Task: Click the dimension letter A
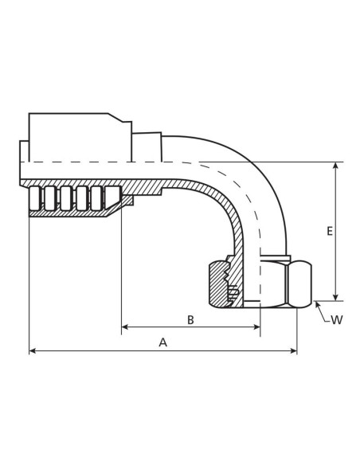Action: tap(162, 342)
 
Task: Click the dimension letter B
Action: tap(190, 320)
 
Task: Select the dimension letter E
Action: tap(330, 231)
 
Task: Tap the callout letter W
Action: tap(337, 320)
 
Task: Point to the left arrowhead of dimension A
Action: tap(33, 351)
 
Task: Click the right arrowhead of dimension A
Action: tap(294, 351)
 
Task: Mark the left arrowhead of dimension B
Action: tap(125, 327)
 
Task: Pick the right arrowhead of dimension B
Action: tap(256, 327)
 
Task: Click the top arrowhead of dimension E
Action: tap(335, 166)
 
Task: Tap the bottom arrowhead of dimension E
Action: tap(335, 298)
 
